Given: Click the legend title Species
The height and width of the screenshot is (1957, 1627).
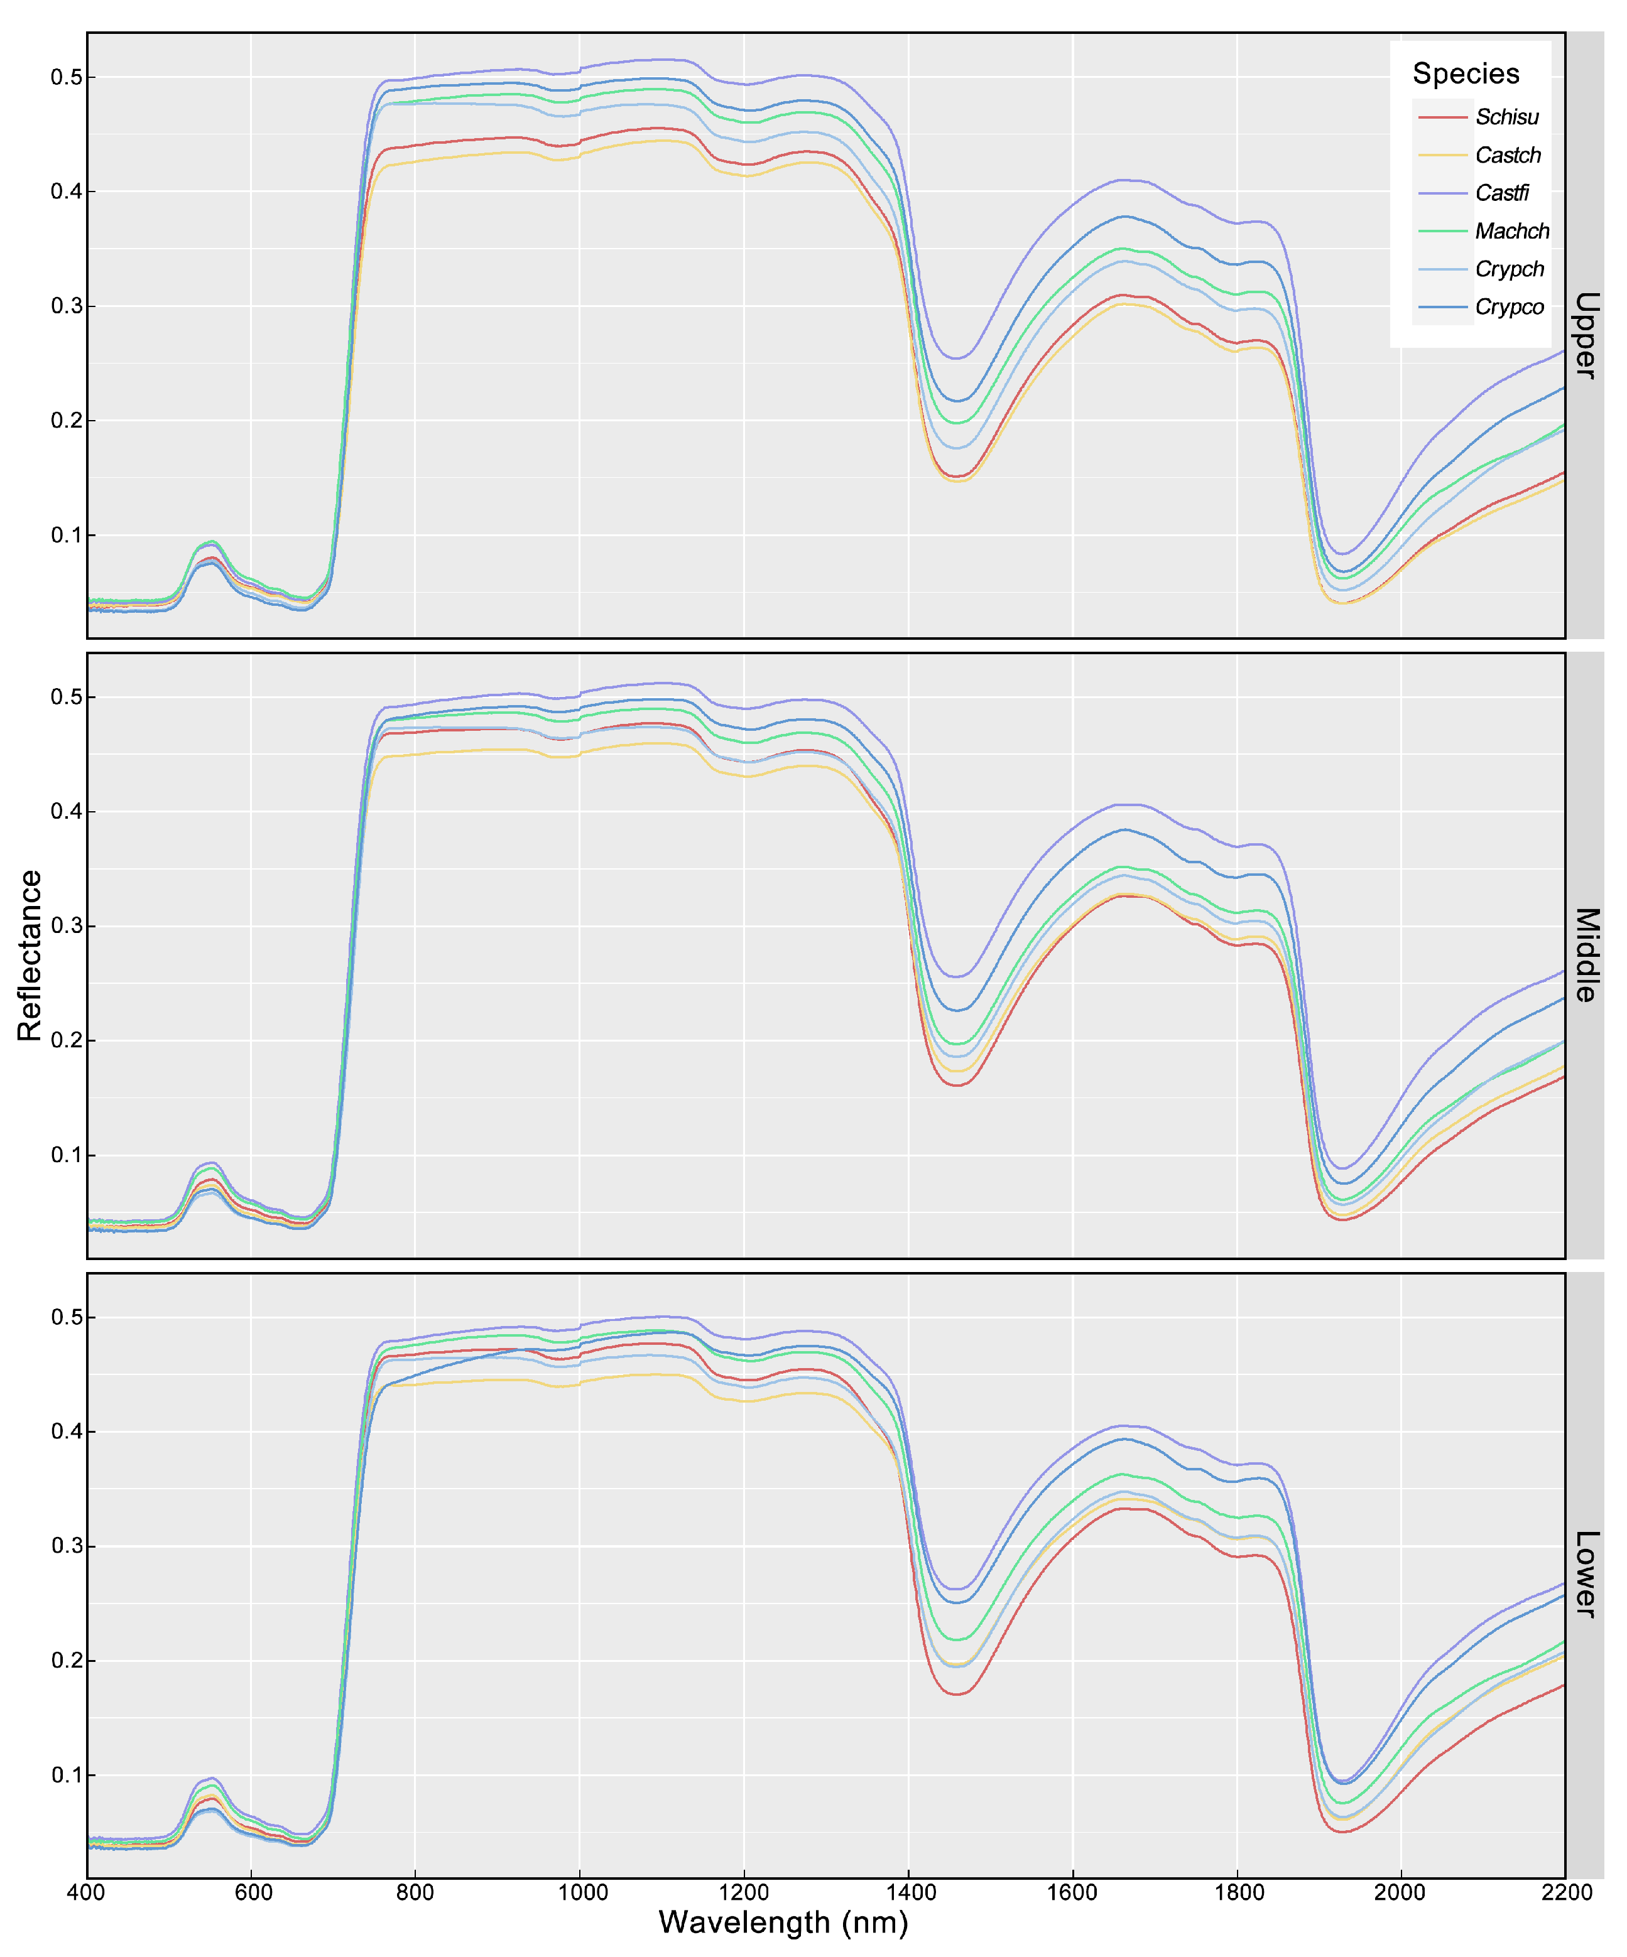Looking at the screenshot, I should pos(1465,73).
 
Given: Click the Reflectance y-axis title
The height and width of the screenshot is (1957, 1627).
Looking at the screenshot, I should pos(30,955).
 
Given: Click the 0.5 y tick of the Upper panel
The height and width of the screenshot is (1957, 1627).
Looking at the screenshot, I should pos(65,77).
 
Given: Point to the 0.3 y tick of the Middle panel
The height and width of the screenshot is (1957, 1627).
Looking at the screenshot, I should pos(65,926).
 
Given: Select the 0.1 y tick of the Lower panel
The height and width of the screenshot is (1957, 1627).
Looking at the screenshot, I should pos(65,1776).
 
